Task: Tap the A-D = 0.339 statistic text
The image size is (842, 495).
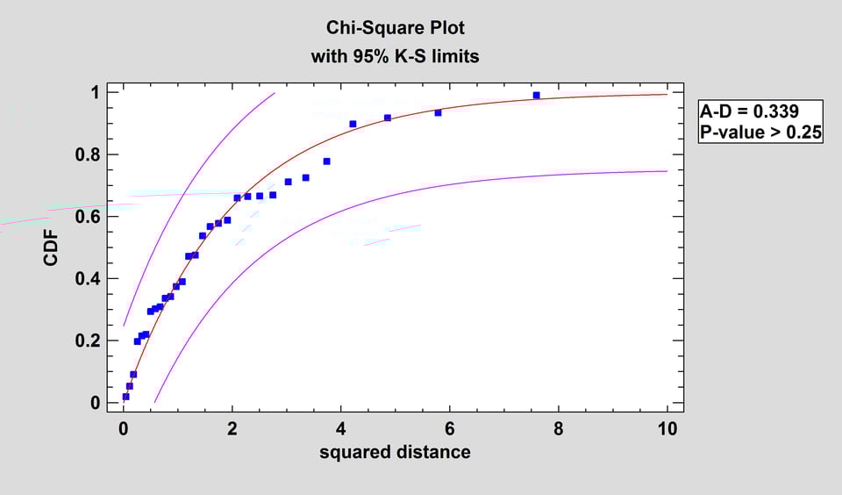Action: click(749, 111)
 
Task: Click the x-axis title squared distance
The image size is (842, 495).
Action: click(395, 453)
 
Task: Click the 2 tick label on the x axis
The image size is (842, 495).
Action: click(232, 429)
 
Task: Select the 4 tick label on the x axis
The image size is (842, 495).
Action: click(341, 429)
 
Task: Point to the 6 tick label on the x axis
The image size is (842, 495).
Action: click(450, 429)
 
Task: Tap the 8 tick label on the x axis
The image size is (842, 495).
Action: click(559, 429)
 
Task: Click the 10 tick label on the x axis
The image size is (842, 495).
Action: click(667, 429)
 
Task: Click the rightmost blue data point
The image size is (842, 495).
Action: click(537, 95)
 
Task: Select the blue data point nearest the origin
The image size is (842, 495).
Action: click(125, 397)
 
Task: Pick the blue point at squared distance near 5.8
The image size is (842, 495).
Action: click(439, 112)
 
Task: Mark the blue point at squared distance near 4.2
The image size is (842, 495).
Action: click(353, 124)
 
